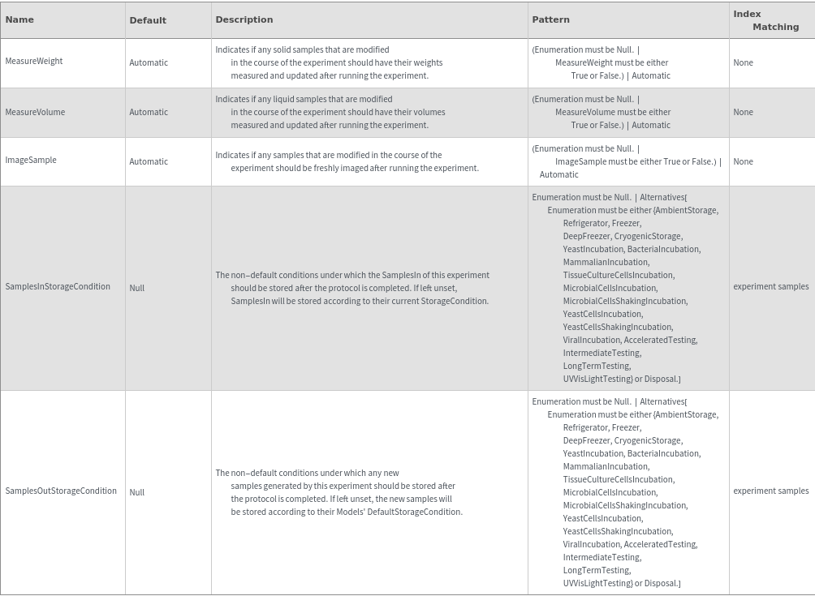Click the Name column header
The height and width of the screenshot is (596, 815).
coord(19,19)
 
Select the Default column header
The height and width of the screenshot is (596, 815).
coord(148,20)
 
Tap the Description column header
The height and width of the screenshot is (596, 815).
coord(244,19)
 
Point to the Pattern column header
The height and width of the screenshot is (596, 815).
coord(550,19)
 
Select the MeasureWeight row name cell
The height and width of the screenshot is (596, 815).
coord(34,62)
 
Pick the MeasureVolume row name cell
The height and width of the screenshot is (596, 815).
coord(35,112)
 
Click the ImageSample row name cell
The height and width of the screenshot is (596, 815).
coord(31,161)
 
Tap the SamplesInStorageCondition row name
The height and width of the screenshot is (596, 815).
coord(58,287)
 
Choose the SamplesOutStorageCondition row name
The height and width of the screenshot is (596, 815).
coord(61,491)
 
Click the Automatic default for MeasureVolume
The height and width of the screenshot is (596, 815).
coord(149,112)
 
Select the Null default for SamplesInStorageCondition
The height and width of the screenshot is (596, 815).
coord(136,288)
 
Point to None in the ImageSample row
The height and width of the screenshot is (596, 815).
coord(743,161)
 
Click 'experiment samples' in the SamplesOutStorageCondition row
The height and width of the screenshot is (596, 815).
coord(770,491)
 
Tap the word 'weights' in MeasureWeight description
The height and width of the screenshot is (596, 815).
coord(427,62)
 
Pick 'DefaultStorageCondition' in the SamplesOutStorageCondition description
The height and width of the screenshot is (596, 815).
coord(414,512)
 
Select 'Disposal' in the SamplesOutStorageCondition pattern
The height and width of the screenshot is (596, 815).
coord(661,583)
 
